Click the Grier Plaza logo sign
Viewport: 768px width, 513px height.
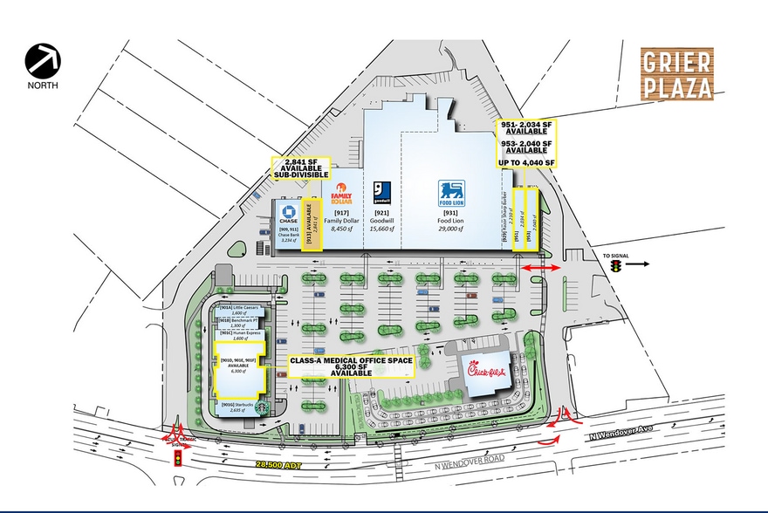[677, 72]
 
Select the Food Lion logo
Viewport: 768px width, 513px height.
[451, 192]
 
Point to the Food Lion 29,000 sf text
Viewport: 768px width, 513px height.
[452, 224]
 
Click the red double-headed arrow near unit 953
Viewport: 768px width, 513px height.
[540, 266]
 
